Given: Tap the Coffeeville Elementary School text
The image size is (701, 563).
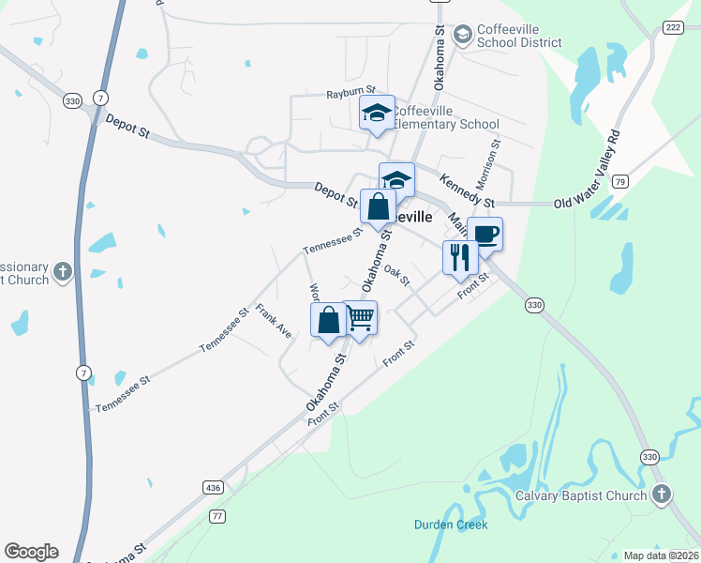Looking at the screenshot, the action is (x=445, y=117).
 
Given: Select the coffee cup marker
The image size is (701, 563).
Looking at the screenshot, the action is (x=485, y=234).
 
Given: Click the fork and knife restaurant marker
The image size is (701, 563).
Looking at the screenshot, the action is (x=459, y=256).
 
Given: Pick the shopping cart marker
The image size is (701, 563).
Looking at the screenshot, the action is (x=360, y=318).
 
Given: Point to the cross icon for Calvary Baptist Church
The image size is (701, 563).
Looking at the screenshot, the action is (x=662, y=494).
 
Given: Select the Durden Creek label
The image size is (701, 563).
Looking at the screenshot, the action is (x=451, y=525).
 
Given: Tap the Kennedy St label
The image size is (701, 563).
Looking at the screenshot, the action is (x=466, y=188).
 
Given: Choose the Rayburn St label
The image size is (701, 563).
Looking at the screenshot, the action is (x=350, y=94).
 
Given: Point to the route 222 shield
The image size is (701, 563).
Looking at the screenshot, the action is (x=671, y=28).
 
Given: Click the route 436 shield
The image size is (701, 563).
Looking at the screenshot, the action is (x=213, y=488).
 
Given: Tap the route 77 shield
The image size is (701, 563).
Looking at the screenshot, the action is (x=218, y=516).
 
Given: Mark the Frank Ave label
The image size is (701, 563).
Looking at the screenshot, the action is (x=274, y=320).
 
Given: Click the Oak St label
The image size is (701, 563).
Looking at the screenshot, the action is (x=397, y=275).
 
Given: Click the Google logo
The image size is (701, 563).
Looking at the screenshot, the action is (x=31, y=551).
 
